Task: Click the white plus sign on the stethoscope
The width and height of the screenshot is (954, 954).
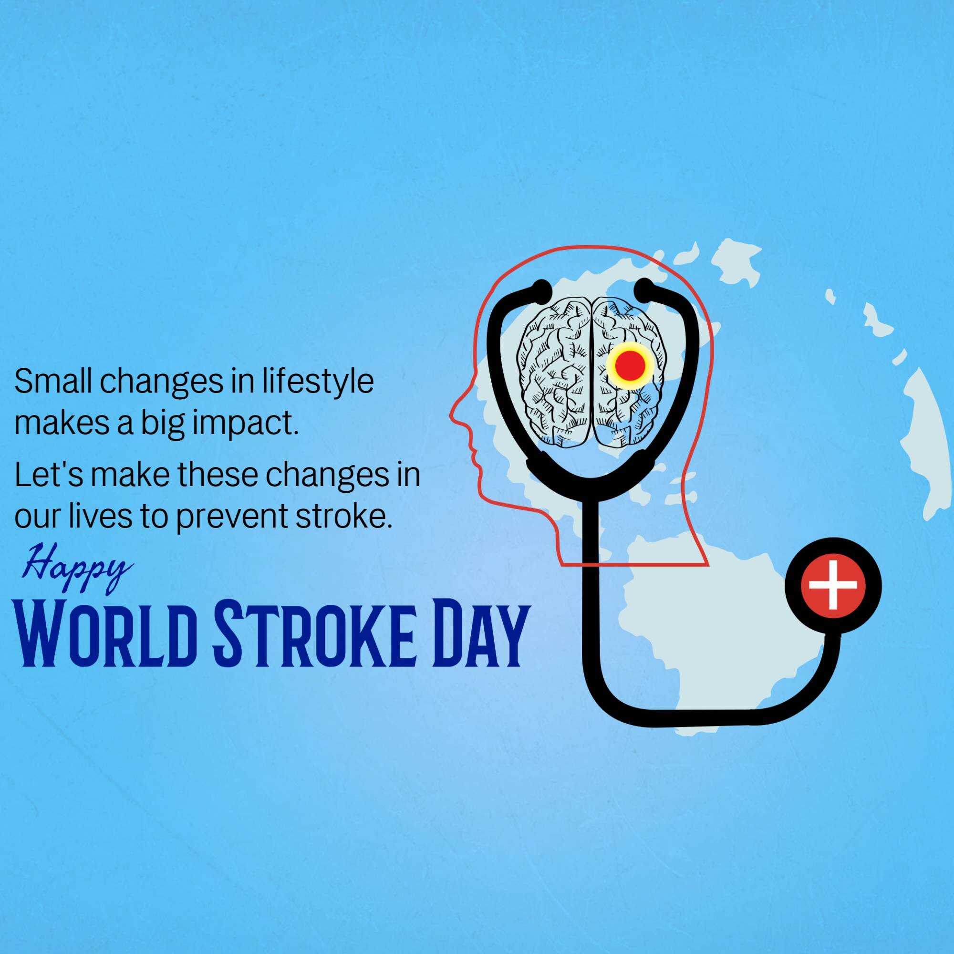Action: pos(832,585)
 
